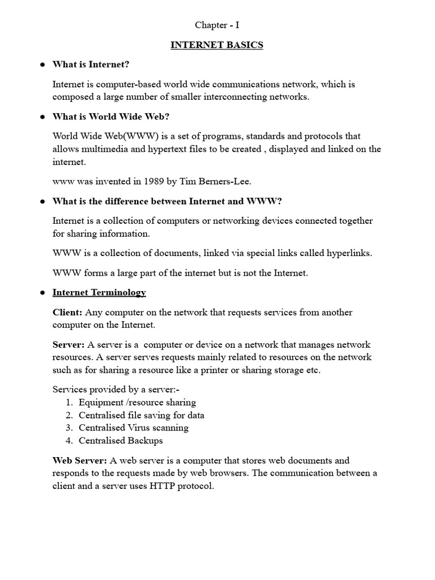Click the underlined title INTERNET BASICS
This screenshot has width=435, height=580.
click(x=217, y=45)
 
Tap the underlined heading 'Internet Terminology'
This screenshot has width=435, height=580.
click(x=99, y=293)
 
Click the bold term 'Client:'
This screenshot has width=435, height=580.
click(x=67, y=313)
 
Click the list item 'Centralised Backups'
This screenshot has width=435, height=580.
click(x=121, y=441)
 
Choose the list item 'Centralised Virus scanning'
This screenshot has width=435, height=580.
click(x=134, y=428)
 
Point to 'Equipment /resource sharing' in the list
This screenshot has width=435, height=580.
click(x=137, y=402)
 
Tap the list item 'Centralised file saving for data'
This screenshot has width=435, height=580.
click(x=142, y=415)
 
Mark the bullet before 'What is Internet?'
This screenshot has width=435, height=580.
click(x=42, y=65)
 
